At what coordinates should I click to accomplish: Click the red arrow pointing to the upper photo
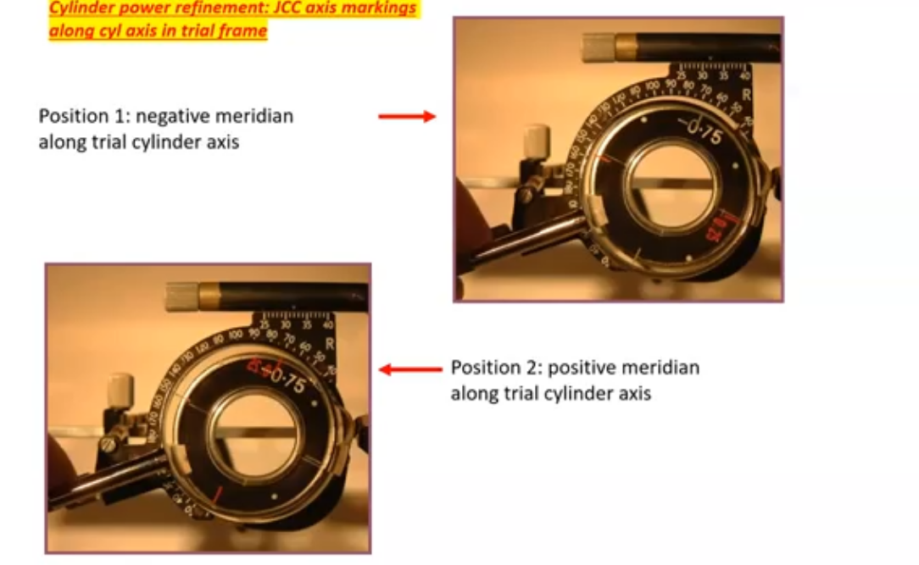tap(406, 116)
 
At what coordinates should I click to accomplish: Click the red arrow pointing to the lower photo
tap(410, 369)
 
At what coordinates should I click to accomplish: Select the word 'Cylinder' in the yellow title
tap(81, 8)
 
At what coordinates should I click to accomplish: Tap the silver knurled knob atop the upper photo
tap(598, 47)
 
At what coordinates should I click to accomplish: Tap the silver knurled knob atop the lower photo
tap(181, 296)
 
